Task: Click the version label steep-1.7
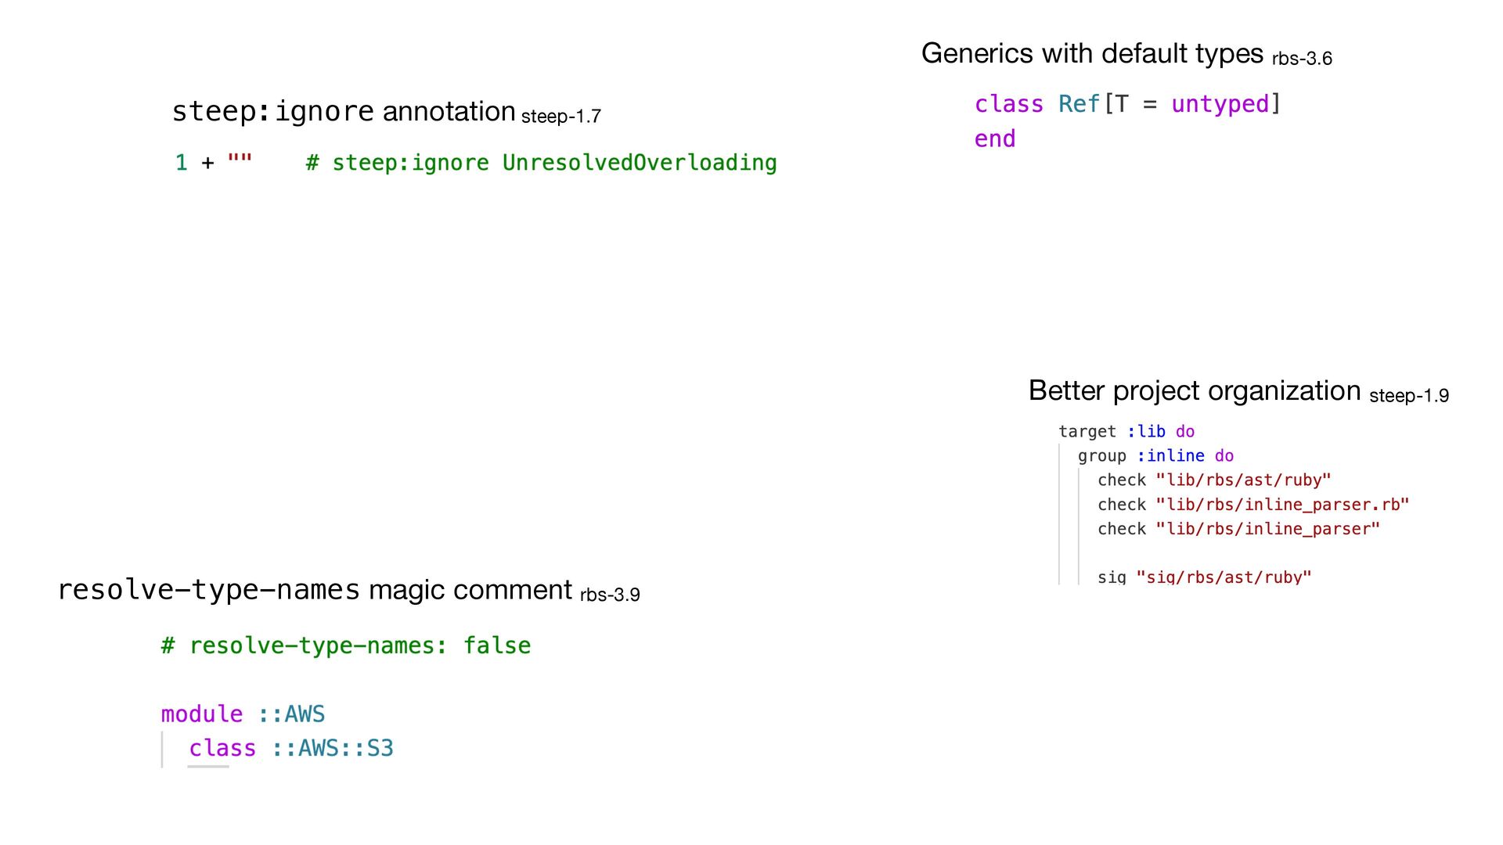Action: tap(560, 117)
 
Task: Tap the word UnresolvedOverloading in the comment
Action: tap(639, 163)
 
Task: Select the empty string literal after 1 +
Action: tap(240, 161)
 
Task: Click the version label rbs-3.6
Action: tap(1302, 59)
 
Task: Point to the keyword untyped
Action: tap(1220, 104)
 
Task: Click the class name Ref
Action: tap(1079, 104)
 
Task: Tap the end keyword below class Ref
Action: tap(994, 139)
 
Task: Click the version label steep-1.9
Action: tap(1409, 396)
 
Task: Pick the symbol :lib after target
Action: tap(1146, 432)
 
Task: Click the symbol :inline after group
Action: tap(1170, 456)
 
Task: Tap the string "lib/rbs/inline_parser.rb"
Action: tap(1282, 505)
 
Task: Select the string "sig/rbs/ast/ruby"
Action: tap(1224, 577)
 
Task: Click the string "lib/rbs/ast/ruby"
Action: tap(1243, 480)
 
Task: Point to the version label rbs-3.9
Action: tap(610, 595)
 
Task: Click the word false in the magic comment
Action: tap(496, 645)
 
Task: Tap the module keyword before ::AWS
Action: tap(201, 714)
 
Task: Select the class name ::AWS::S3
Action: tap(332, 749)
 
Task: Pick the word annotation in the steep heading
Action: tap(449, 112)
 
